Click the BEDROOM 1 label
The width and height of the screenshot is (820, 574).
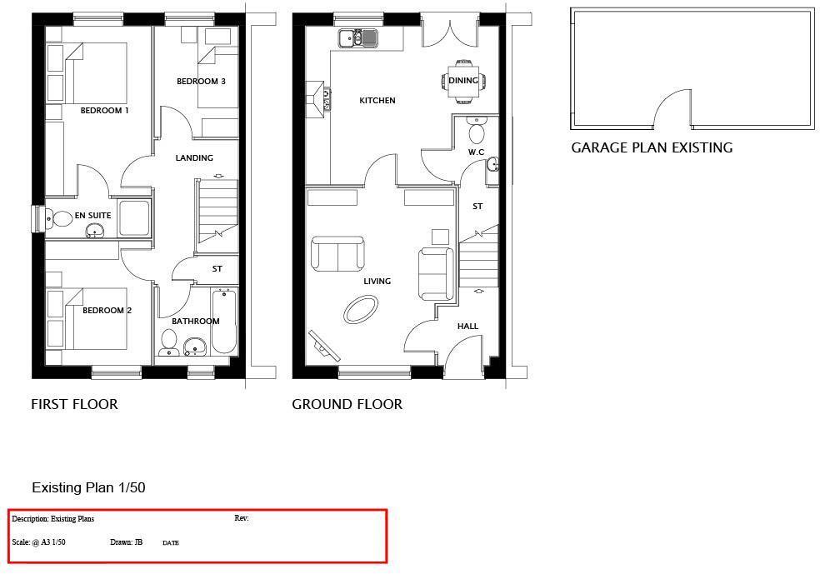click(x=104, y=111)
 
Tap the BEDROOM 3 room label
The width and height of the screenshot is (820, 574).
click(x=201, y=82)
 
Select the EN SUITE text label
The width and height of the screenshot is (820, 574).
click(x=92, y=216)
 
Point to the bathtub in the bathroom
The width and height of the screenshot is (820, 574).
click(x=224, y=321)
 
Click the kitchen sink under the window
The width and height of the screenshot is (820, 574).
click(x=357, y=37)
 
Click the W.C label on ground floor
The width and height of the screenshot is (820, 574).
click(x=476, y=152)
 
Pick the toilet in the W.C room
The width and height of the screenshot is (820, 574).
click(x=477, y=132)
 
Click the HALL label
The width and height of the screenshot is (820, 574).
click(x=467, y=327)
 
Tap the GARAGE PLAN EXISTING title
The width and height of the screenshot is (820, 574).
click(x=652, y=148)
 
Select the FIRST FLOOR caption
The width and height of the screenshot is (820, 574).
click(x=74, y=405)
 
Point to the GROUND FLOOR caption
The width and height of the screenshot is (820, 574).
click(x=347, y=405)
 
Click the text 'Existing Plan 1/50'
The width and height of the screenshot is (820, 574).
click(x=88, y=488)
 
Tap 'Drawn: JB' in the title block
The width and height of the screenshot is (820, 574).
click(x=126, y=542)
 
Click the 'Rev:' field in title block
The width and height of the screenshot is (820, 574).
click(x=242, y=519)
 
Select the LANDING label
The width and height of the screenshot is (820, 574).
click(x=194, y=158)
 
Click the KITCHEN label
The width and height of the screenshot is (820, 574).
click(x=377, y=101)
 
